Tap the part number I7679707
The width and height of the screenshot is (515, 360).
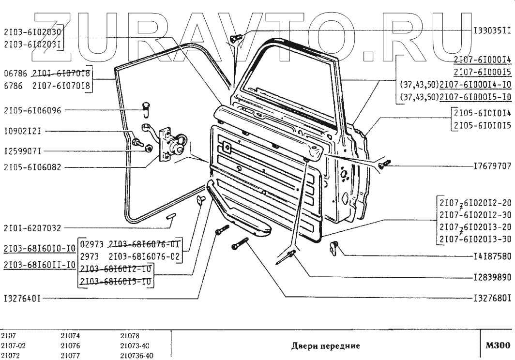click(x=492, y=166)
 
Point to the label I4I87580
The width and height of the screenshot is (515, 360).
click(x=492, y=256)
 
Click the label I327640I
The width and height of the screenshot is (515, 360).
click(x=23, y=299)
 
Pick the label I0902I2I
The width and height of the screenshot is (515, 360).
click(x=23, y=131)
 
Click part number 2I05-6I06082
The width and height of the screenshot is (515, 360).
click(x=32, y=168)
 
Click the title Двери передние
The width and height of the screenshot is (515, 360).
click(x=325, y=346)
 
